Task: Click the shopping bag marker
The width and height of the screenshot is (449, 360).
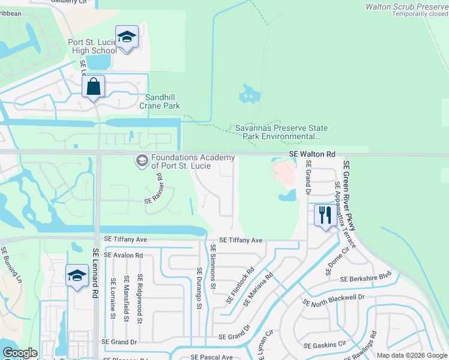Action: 94,86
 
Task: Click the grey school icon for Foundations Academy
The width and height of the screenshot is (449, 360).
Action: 142,160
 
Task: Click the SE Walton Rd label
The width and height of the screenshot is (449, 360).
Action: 312,154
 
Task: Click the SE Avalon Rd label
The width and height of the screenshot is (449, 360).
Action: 123,254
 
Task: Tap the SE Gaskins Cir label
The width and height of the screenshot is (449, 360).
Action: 325,345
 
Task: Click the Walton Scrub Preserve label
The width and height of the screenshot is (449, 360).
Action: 407,7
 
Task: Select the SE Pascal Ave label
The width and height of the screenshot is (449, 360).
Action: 210,357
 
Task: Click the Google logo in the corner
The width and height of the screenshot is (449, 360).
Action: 20,353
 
